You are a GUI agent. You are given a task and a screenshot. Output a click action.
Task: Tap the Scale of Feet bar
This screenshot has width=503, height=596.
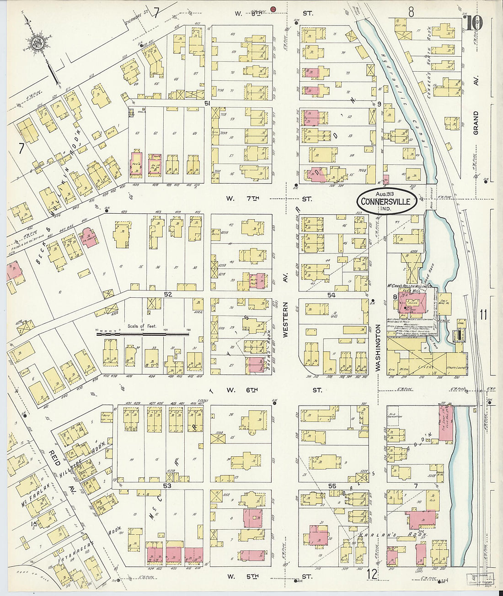[x=143, y=334]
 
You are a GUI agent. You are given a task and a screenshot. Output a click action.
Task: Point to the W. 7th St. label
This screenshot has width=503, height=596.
[x=270, y=199]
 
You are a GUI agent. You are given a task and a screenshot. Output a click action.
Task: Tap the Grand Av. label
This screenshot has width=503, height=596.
[x=476, y=122]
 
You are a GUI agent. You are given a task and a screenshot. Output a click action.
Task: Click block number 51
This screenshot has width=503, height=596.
[x=207, y=104]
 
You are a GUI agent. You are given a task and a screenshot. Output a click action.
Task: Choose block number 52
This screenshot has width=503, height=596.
[x=168, y=295]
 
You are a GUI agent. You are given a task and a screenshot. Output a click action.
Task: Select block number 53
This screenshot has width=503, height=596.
[x=167, y=486]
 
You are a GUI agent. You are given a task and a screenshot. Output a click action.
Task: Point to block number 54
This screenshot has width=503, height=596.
[x=331, y=295]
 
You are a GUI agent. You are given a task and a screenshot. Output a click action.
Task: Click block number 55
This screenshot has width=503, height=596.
[x=332, y=486]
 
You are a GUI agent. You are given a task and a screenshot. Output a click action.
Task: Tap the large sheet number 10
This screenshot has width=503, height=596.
[x=474, y=23]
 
